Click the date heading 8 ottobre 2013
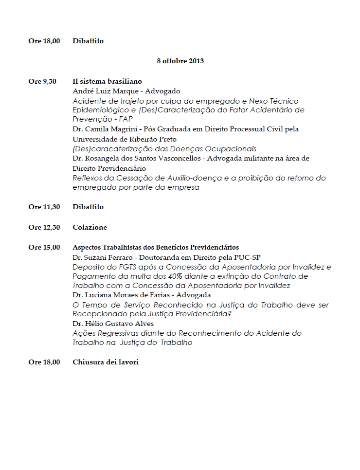[x=180, y=61]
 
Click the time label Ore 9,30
[x=42, y=81]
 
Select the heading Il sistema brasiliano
[x=107, y=81]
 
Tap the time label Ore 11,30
[x=44, y=207]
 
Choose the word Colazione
[x=90, y=227]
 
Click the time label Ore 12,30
[x=44, y=227]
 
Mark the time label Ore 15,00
[x=44, y=247]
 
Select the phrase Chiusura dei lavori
[x=106, y=362]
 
